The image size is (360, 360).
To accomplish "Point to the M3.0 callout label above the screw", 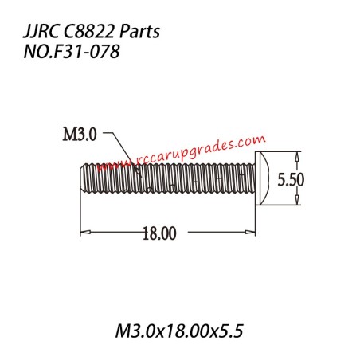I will click(80, 135).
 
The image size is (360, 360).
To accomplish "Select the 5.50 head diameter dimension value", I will click(292, 181).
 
